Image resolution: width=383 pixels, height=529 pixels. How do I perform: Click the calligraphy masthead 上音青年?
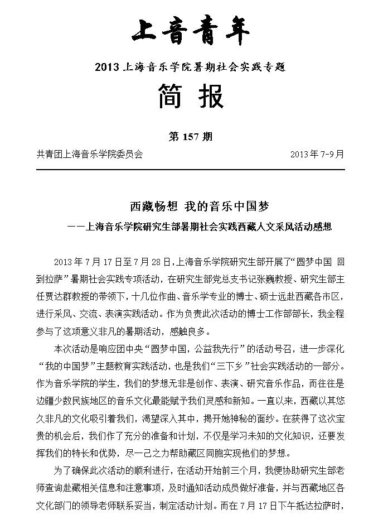tap(191, 31)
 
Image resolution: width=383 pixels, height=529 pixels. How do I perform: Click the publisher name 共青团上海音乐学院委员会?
tap(89, 153)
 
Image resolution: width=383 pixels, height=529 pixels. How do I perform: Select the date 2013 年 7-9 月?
tap(317, 153)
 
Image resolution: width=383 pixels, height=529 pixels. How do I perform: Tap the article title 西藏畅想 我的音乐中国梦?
tap(191, 206)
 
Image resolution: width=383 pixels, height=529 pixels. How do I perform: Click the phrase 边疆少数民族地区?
tap(72, 399)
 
